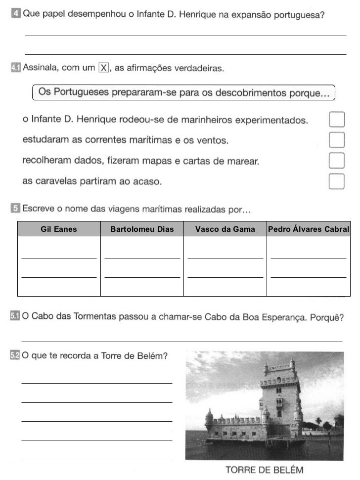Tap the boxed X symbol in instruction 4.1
[104, 68]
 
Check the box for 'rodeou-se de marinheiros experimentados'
[336, 120]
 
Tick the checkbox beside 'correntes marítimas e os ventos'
[336, 140]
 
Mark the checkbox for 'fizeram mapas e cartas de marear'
[336, 161]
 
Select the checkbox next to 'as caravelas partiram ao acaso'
[336, 181]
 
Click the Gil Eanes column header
[59, 229]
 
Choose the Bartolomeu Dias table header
[142, 229]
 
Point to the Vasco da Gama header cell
[225, 229]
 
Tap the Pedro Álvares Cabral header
[309, 229]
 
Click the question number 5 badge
[15, 210]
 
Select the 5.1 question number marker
[15, 316]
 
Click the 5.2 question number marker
[15, 355]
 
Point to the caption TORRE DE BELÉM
[264, 470]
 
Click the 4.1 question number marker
[15, 68]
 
